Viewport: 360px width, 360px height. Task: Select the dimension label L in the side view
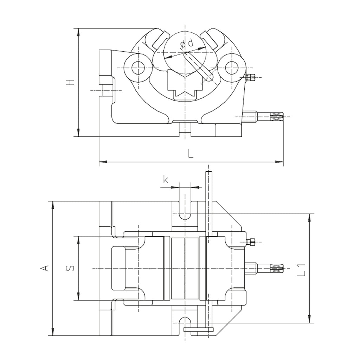tap(191, 154)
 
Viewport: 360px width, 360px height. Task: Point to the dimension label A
tap(44, 268)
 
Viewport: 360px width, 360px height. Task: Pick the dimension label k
tap(166, 180)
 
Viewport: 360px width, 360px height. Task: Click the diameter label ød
tap(186, 44)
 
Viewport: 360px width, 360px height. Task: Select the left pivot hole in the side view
tap(139, 67)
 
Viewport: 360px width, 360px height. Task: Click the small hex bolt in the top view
tap(252, 242)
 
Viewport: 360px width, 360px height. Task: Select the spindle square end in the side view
tap(277, 116)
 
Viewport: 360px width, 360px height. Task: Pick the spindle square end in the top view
tap(277, 269)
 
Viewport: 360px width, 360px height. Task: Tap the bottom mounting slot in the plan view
tap(185, 322)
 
